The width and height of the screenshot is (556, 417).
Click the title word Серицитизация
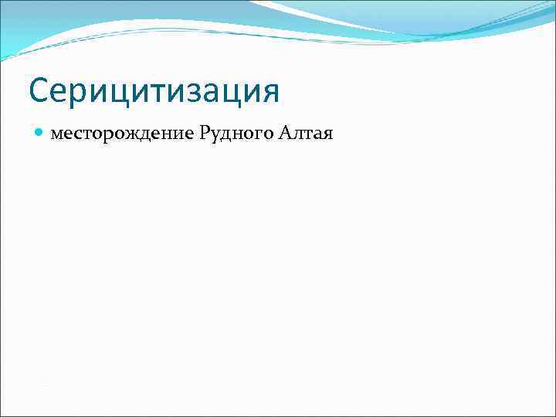[x=154, y=91]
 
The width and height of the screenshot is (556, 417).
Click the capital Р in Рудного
[x=204, y=134]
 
